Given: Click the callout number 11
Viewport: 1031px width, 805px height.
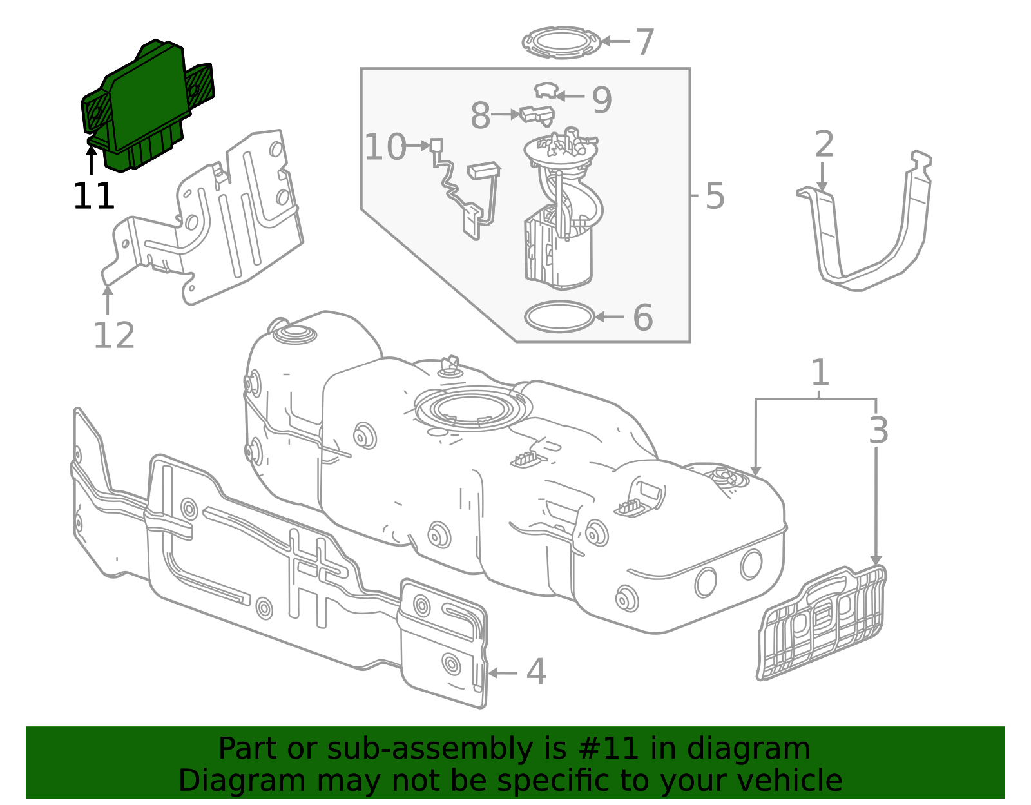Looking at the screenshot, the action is (94, 196).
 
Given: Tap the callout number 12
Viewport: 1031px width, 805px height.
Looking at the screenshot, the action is (114, 335).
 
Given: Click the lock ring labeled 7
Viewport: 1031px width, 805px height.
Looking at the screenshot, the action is (561, 43).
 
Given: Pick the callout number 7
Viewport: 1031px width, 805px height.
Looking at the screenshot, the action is (645, 43).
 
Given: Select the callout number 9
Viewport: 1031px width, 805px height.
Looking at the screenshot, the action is (602, 100).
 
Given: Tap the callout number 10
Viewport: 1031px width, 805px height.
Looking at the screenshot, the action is (385, 146).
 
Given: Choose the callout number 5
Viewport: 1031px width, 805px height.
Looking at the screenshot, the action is (715, 195).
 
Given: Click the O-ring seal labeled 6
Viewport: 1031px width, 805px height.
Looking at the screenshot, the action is (559, 316).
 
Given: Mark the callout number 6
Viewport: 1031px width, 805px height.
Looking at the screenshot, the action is (643, 317).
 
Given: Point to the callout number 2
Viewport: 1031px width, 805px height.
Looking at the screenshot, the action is (824, 144).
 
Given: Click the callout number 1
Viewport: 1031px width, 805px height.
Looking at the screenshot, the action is (820, 373).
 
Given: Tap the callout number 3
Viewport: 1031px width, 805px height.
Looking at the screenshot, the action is (878, 431).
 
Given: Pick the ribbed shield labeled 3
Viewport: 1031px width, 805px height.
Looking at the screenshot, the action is (822, 623).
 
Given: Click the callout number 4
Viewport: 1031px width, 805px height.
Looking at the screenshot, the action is (536, 672).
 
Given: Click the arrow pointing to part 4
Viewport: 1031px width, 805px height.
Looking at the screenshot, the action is (503, 673).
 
